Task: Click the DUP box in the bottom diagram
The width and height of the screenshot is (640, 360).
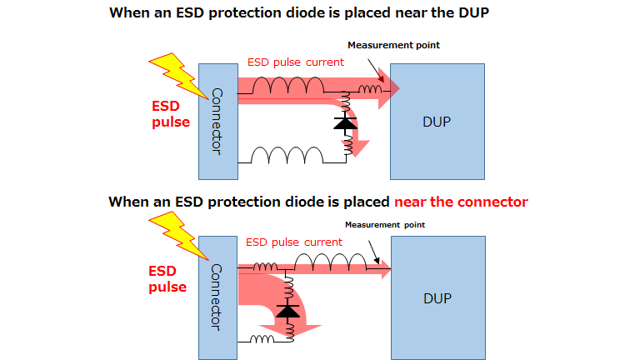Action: [x=437, y=296]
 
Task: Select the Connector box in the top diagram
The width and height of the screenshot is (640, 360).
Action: [x=217, y=121]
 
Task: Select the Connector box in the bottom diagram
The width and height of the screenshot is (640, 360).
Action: [x=217, y=296]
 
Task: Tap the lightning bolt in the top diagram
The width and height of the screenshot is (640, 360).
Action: [x=177, y=72]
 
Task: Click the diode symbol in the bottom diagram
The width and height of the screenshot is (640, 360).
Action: [x=288, y=312]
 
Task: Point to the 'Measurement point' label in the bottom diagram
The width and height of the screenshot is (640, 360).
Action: [x=385, y=224]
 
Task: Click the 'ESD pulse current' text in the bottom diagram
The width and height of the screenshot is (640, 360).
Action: [x=294, y=242]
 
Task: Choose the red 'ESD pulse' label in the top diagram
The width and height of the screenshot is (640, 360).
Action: [x=170, y=114]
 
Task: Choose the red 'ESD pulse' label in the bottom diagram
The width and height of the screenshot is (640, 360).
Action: [x=167, y=279]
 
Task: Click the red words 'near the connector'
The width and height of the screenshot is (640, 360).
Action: [x=461, y=202]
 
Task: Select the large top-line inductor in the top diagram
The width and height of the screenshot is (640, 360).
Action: [x=288, y=85]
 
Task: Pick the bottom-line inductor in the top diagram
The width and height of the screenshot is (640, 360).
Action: [x=287, y=156]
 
